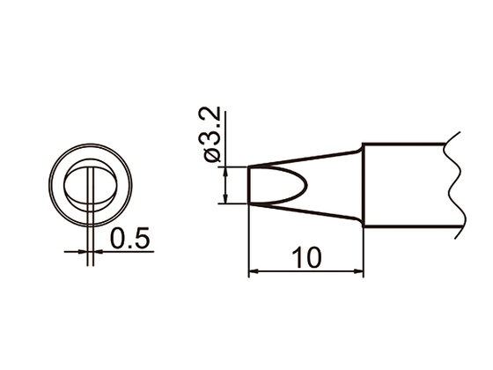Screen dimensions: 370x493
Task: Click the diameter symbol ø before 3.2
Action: (214, 155)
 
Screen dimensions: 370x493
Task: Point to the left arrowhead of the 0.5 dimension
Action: (85, 251)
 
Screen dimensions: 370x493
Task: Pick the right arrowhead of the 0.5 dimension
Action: (98, 251)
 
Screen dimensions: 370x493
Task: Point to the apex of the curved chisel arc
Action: (308, 186)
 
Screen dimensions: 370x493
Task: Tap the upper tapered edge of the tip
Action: (304, 159)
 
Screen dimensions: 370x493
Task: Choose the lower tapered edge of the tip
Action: (304, 212)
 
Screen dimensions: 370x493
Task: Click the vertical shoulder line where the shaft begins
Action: (362, 186)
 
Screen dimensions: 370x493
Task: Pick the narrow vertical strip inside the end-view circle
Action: (92, 186)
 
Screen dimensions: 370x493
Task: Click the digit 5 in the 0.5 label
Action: (143, 238)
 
